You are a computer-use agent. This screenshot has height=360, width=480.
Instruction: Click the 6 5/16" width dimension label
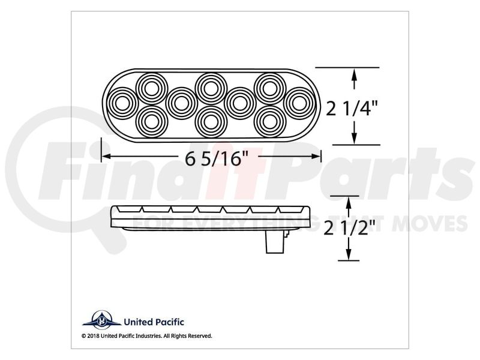(x=217, y=158)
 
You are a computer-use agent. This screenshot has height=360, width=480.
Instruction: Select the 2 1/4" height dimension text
(x=352, y=109)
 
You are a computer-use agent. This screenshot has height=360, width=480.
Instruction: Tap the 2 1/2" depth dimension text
(x=350, y=228)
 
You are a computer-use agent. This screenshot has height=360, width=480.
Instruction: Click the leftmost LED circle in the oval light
(x=122, y=103)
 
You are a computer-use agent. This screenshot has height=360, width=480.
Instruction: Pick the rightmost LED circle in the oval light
(x=299, y=103)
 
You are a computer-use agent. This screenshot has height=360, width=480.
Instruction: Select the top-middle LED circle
(x=211, y=89)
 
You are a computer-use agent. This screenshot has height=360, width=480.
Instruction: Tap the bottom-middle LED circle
(x=211, y=122)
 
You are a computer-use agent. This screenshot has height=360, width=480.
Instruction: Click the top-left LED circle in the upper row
(x=152, y=89)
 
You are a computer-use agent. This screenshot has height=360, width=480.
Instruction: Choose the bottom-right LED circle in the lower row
(x=270, y=122)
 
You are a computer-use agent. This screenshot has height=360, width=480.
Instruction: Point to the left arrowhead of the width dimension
(x=106, y=157)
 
